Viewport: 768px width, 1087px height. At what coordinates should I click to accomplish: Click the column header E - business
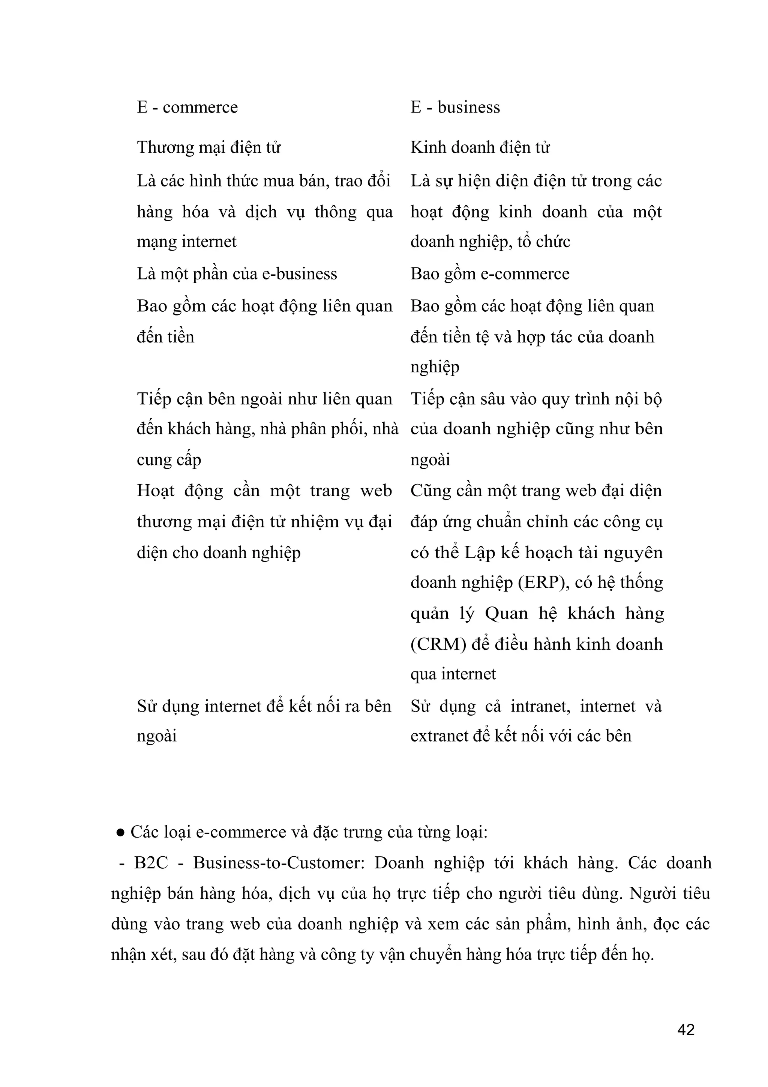pyautogui.click(x=455, y=108)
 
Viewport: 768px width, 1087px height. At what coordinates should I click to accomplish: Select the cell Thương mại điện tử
pyautogui.click(x=208, y=148)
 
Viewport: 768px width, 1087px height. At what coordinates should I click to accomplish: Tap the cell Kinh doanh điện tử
pyautogui.click(x=480, y=148)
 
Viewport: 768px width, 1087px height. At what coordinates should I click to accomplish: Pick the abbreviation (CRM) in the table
pyautogui.click(x=438, y=644)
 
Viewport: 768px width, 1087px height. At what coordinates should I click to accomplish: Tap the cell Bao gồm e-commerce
pyautogui.click(x=490, y=274)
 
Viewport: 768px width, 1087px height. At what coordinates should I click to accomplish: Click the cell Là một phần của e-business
pyautogui.click(x=237, y=274)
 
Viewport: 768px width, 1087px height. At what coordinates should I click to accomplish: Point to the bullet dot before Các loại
pyautogui.click(x=120, y=832)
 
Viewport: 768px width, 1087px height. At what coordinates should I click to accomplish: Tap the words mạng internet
pyautogui.click(x=186, y=242)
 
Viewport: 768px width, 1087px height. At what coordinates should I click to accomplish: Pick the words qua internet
pyautogui.click(x=453, y=674)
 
